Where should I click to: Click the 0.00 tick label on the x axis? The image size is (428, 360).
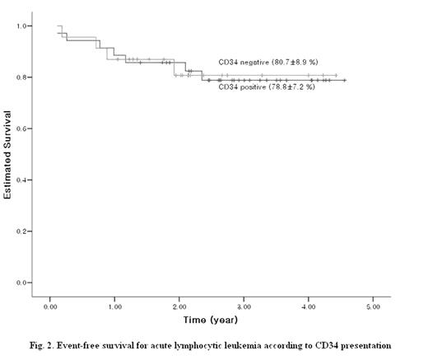50,305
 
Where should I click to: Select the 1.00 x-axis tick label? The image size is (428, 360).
114,305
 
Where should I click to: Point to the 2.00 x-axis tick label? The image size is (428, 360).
179,305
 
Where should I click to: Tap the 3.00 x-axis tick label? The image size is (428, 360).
244,305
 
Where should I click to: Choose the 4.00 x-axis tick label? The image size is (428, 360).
308,305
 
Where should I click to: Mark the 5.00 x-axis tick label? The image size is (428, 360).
372,305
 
